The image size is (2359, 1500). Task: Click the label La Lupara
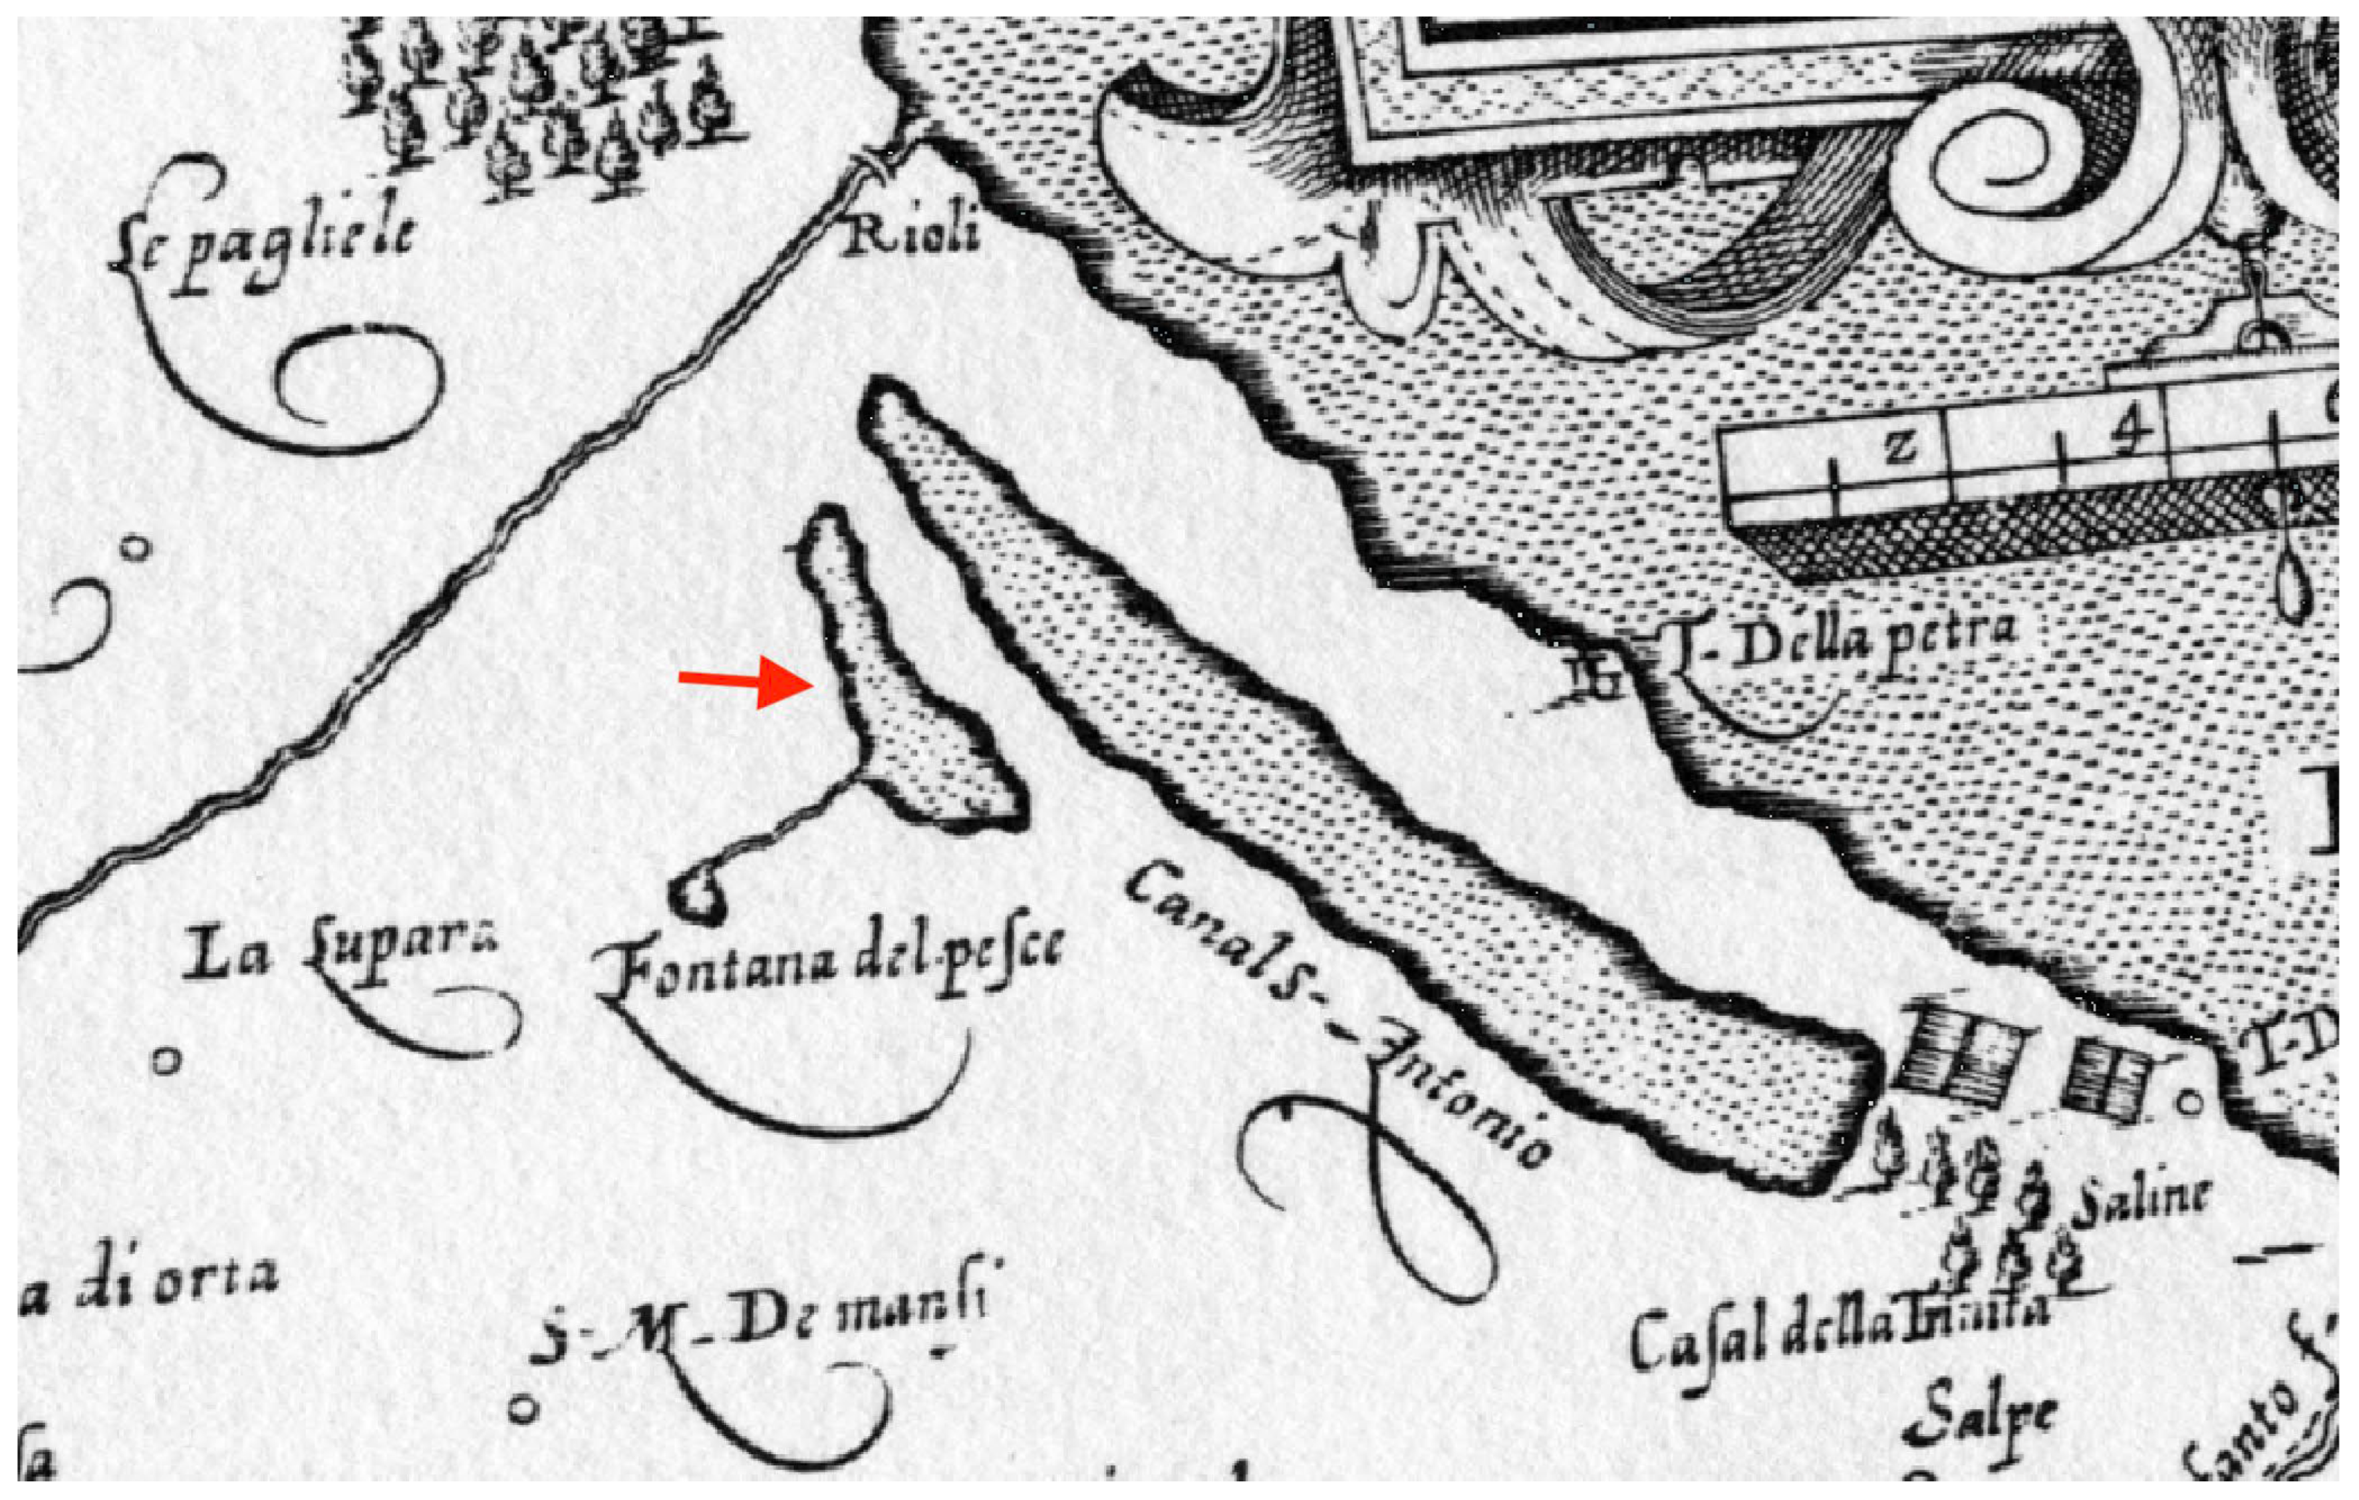click(x=339, y=951)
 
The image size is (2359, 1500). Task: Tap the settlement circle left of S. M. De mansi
click(x=524, y=1410)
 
